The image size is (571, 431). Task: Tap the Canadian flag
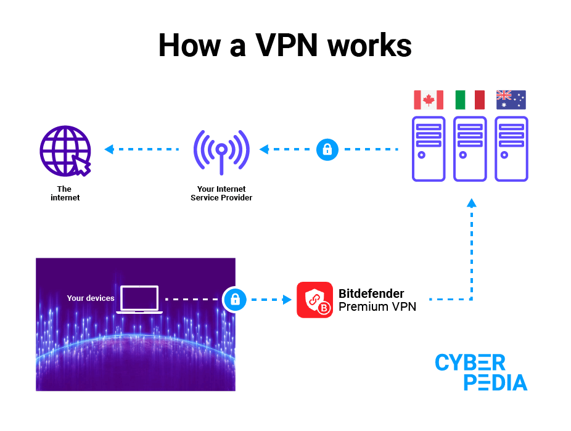(429, 100)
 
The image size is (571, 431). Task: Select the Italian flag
(470, 100)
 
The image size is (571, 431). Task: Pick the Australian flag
(511, 100)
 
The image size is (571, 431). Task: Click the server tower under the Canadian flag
(429, 149)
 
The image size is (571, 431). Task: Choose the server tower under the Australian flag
(512, 149)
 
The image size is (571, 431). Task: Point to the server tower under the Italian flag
(470, 149)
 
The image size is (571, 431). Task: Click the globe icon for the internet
(65, 150)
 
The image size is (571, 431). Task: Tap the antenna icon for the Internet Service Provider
(221, 152)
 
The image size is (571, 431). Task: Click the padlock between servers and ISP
(327, 149)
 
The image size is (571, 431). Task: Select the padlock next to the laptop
(234, 300)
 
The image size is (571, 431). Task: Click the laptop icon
(139, 300)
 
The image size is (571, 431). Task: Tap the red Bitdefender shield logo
(314, 300)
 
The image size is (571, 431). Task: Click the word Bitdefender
(371, 293)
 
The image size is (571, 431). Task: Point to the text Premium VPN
(377, 306)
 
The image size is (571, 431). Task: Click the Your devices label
(91, 298)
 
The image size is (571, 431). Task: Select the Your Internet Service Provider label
(221, 194)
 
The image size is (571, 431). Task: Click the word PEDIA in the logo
(495, 382)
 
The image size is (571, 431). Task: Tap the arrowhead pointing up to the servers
(472, 203)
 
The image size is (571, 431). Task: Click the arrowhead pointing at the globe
(109, 149)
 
